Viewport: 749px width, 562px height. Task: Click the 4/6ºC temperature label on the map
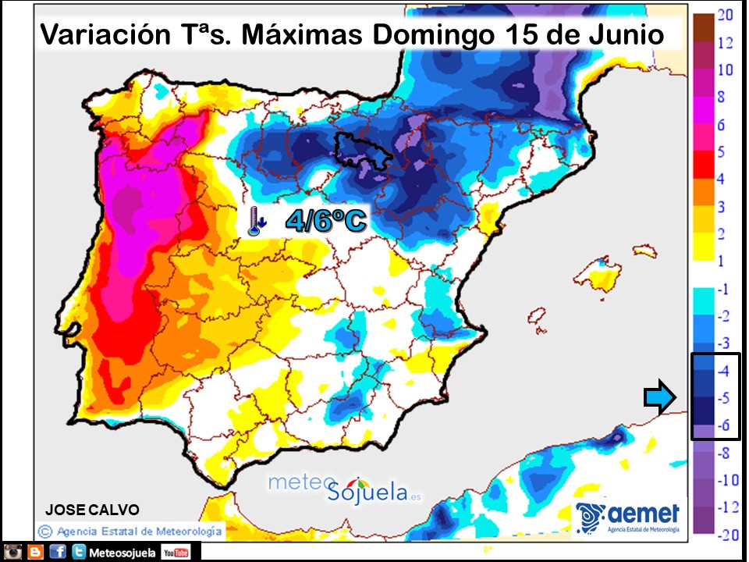(x=325, y=222)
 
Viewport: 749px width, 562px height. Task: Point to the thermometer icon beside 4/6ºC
(x=254, y=222)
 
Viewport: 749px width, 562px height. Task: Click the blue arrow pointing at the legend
(x=661, y=399)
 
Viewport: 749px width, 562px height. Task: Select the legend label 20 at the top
(x=724, y=16)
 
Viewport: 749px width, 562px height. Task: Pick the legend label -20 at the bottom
(x=726, y=535)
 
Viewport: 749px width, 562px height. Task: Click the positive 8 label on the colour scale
(x=724, y=98)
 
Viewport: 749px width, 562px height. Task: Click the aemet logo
(x=629, y=518)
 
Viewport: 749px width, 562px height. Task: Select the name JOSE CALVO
(x=92, y=510)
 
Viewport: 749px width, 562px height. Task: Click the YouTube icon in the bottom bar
(x=176, y=553)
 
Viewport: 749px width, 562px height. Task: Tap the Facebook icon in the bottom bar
(x=57, y=553)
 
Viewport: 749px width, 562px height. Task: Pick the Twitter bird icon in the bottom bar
(x=79, y=553)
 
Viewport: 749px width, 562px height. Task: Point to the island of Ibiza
(x=536, y=316)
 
